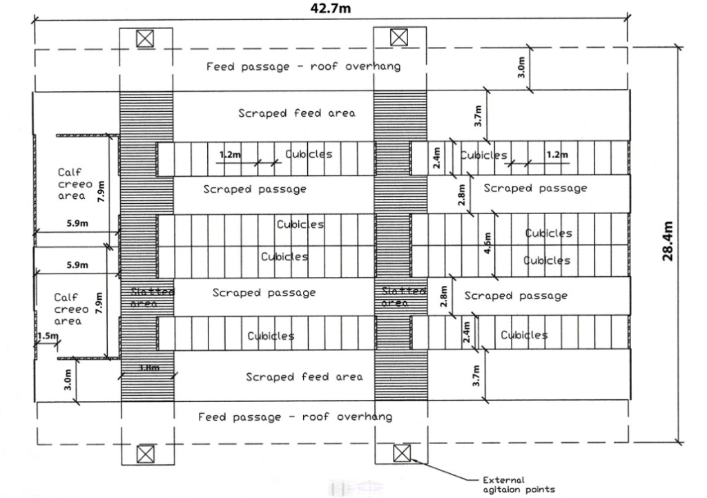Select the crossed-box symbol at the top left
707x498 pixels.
point(144,39)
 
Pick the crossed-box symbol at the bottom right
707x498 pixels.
point(400,454)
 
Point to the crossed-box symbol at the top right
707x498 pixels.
point(398,38)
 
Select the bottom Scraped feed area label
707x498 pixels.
point(304,376)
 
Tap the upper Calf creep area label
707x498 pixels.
point(71,184)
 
